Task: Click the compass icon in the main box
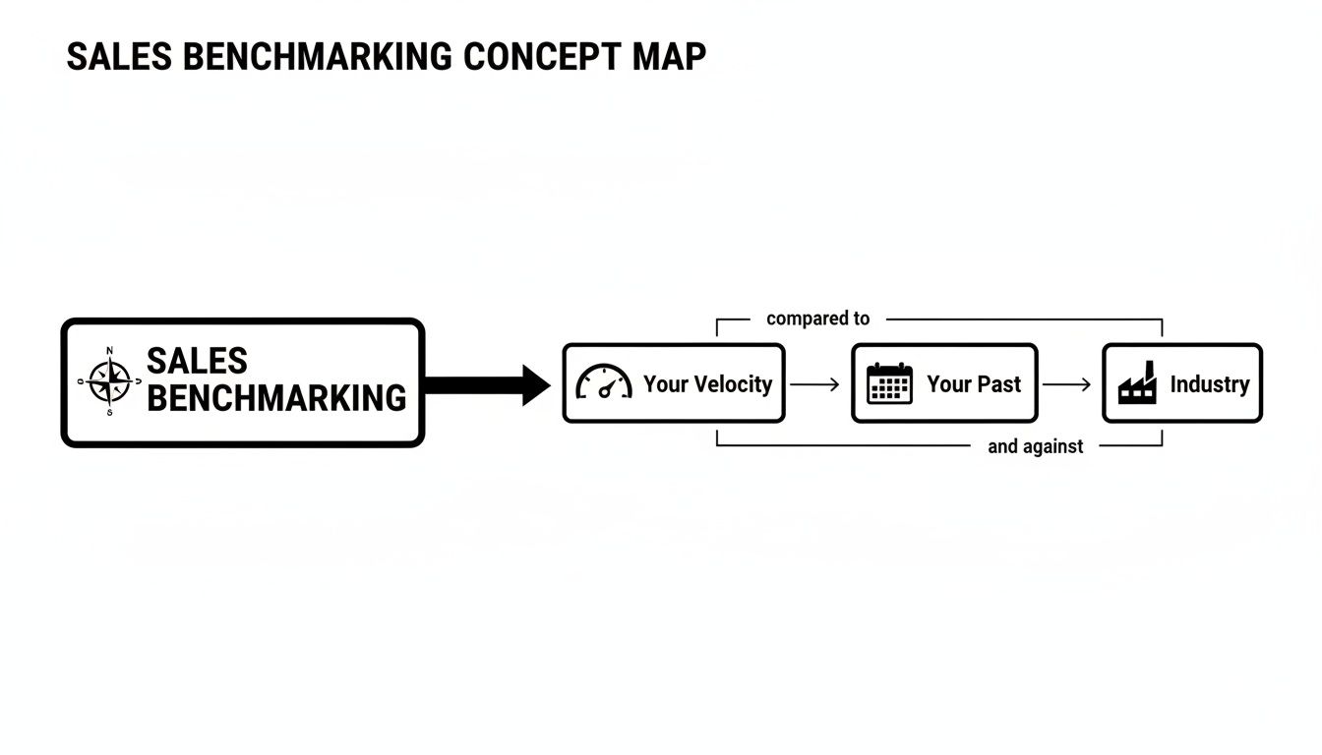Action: coord(109,381)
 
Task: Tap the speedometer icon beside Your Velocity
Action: coord(603,383)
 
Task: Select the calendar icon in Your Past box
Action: coord(889,383)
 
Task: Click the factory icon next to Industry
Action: coord(1137,383)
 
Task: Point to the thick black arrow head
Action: coord(535,384)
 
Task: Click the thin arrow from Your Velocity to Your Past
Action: coord(814,384)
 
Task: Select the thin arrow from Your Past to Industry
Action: coord(1066,384)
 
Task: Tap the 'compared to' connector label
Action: coord(817,319)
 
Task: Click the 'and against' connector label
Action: coord(1035,446)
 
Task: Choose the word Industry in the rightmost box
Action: coord(1209,384)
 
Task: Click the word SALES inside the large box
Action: coord(197,362)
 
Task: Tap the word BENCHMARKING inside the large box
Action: coord(276,398)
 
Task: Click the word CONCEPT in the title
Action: coord(538,57)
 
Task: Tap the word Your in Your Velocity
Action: coord(662,384)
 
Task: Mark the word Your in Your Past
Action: coord(948,384)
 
